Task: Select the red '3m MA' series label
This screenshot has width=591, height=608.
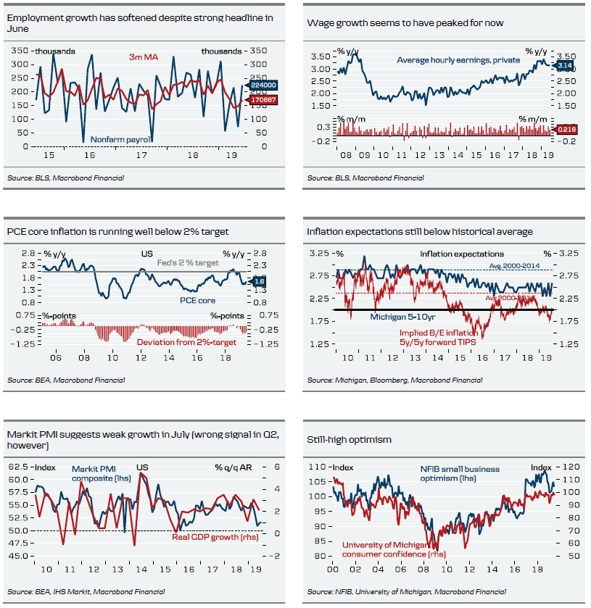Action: tap(144, 57)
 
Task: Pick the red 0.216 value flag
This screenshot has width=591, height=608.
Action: tap(566, 129)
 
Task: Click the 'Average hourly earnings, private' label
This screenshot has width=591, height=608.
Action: tap(458, 60)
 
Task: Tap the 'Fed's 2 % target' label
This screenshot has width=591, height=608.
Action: tap(188, 263)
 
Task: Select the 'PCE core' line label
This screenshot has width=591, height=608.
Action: tap(197, 299)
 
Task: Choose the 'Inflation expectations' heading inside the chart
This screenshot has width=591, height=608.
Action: tap(461, 254)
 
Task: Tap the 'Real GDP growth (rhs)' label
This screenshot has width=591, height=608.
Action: tap(210, 537)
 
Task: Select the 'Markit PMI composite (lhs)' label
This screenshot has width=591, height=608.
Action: tap(97, 473)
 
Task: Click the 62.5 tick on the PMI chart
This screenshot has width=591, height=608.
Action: tap(19, 467)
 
